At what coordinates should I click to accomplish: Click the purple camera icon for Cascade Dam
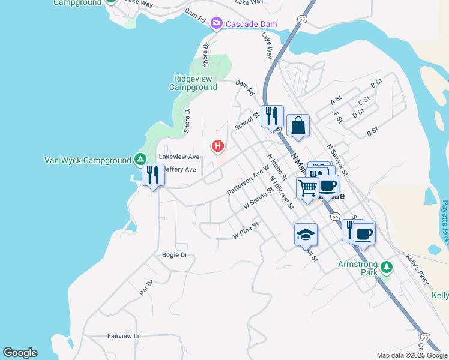pyautogui.click(x=217, y=24)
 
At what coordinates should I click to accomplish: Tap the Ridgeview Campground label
pyautogui.click(x=195, y=83)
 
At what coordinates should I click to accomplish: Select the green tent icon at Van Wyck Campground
pyautogui.click(x=140, y=160)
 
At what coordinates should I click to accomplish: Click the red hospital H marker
pyautogui.click(x=218, y=146)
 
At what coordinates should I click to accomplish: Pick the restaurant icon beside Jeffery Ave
pyautogui.click(x=153, y=175)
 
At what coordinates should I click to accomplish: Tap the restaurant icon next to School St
pyautogui.click(x=272, y=115)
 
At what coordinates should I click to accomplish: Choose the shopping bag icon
pyautogui.click(x=298, y=125)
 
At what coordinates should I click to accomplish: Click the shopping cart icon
pyautogui.click(x=307, y=187)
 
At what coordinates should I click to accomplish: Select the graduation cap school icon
pyautogui.click(x=306, y=234)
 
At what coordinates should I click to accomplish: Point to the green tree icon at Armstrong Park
pyautogui.click(x=387, y=266)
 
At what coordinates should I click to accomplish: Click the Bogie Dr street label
pyautogui.click(x=175, y=255)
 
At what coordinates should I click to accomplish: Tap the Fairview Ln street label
pyautogui.click(x=124, y=336)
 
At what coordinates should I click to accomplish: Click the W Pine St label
pyautogui.click(x=245, y=230)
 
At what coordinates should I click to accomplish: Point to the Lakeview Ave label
pyautogui.click(x=179, y=157)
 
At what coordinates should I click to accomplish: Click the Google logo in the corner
pyautogui.click(x=20, y=353)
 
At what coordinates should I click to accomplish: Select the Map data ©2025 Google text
pyautogui.click(x=411, y=355)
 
